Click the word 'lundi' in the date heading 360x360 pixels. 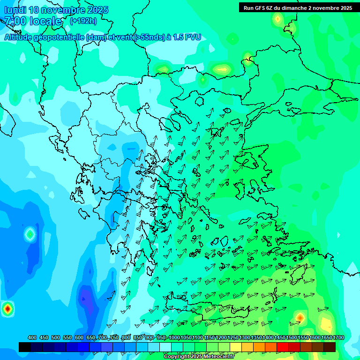coord(16,9)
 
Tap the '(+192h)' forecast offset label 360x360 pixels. coord(83,21)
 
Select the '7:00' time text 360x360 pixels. coord(15,21)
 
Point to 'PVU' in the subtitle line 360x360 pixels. coord(192,37)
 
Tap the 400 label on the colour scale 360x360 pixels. coord(32,337)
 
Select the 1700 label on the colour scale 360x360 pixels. coord(330,337)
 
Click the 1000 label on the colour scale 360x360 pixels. coord(174,337)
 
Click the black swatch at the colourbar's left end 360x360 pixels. coord(25,347)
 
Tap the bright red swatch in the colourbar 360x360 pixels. coord(283,347)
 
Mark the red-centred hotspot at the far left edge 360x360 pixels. coord(7,309)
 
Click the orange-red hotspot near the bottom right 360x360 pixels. coord(300,318)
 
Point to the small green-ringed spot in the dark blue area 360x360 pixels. coord(30,233)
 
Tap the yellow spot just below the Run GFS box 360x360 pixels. coord(277,19)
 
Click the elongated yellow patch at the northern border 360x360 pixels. coord(222,70)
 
